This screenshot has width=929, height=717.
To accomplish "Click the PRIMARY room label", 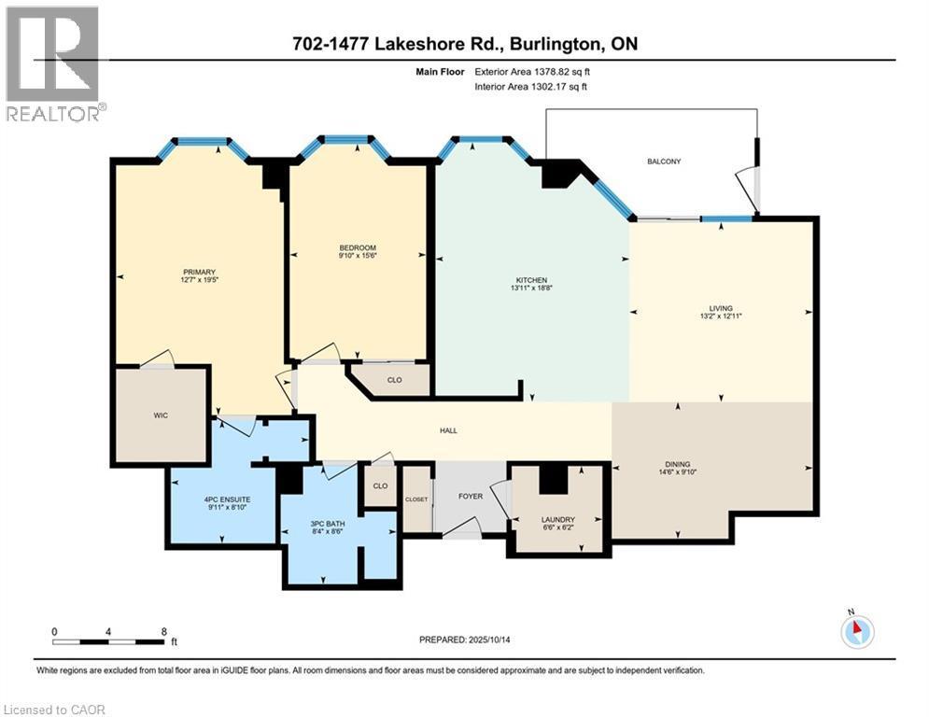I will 192,272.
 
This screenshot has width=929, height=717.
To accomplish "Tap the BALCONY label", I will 664,162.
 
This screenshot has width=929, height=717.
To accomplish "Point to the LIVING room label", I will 720,308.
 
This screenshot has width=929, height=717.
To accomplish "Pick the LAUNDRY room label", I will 557,519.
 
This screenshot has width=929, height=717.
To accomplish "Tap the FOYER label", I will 471,496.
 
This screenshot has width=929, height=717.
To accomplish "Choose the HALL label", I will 448,430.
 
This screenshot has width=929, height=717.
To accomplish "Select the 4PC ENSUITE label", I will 222,499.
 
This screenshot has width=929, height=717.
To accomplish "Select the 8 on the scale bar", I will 164,631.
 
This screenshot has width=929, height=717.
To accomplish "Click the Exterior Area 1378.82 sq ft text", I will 532,70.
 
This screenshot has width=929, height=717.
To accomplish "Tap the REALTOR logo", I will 52,63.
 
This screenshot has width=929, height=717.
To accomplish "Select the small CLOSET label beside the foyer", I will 415,499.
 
